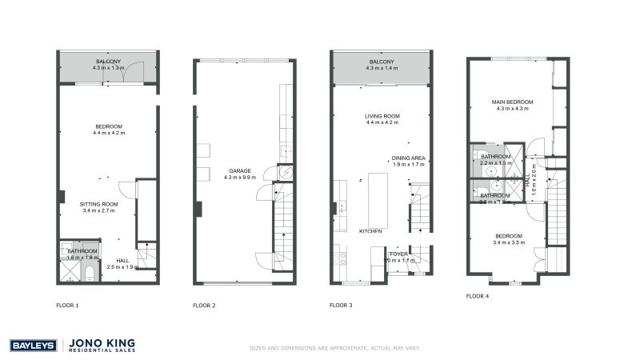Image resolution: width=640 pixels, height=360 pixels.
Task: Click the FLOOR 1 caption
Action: coord(67,305)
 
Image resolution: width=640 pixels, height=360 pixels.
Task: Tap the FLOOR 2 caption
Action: coord(204,305)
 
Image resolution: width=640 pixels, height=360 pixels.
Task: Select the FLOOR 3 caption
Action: coord(342,305)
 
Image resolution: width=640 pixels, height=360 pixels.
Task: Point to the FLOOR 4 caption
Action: coord(478,296)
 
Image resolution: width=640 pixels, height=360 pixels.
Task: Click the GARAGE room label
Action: coord(240,170)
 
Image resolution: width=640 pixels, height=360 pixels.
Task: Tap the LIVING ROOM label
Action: coord(382,116)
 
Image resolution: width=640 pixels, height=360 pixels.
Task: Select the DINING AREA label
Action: coord(407,158)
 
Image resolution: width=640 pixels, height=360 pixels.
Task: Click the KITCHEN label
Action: coord(370,230)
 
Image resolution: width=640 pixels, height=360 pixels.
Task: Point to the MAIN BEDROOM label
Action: coord(512,102)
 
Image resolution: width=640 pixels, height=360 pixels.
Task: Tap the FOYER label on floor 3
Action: coord(398,253)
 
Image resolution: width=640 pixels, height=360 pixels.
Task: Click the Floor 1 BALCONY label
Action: coord(109,62)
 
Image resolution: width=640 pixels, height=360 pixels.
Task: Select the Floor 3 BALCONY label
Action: coord(382,62)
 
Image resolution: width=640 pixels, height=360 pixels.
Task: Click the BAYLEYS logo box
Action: coord(32,346)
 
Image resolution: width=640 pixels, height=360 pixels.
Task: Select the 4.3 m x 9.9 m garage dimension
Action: coord(240,177)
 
